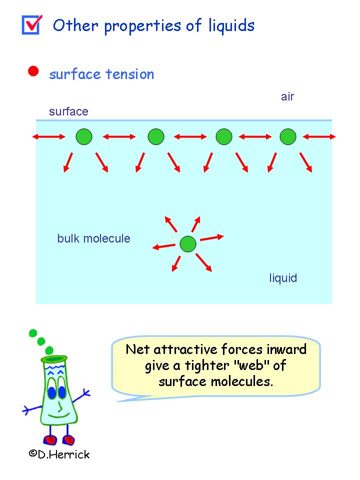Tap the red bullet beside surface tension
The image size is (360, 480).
(33, 71)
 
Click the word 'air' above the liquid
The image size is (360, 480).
(287, 97)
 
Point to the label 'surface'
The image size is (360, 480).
(68, 111)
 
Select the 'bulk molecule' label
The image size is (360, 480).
(93, 238)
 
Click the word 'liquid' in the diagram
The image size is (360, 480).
(283, 278)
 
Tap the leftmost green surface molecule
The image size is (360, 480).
(84, 136)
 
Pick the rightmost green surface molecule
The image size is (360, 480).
(288, 136)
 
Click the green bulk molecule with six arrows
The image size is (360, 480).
(188, 244)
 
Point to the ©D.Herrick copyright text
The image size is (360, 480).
(58, 453)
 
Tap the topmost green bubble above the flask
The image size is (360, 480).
(33, 333)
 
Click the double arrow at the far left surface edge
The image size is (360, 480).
(48, 136)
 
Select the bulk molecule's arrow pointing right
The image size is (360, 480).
(211, 237)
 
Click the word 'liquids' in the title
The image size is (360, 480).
(231, 25)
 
